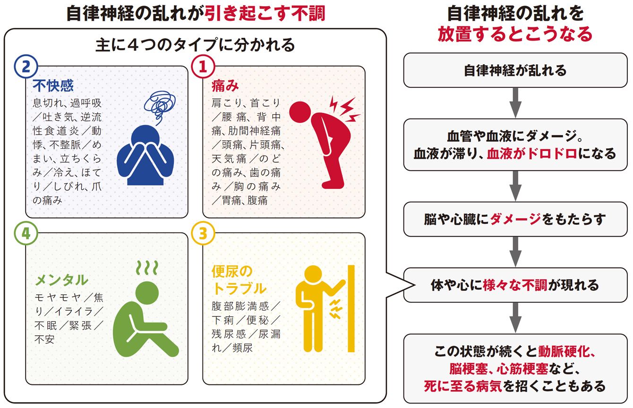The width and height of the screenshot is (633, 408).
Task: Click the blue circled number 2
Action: (26, 67)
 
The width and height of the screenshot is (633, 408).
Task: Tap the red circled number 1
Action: (203, 67)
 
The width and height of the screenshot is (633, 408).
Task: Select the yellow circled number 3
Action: (203, 233)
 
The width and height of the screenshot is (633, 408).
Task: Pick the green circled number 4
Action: (26, 233)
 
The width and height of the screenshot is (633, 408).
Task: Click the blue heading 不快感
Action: (53, 85)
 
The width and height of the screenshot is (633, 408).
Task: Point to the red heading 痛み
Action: (225, 85)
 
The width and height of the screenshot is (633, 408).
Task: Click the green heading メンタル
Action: (61, 280)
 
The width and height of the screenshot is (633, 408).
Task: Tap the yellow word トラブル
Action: (239, 288)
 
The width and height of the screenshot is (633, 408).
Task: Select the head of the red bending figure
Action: (300, 112)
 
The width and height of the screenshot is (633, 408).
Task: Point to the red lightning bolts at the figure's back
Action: (344, 109)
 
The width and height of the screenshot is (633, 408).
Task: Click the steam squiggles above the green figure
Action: (147, 268)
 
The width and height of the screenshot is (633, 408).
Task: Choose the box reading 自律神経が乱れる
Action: (515, 70)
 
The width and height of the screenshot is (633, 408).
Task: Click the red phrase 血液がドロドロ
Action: (532, 153)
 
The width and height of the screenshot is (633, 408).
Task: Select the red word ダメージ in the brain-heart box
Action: (516, 219)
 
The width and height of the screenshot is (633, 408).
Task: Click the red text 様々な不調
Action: (515, 285)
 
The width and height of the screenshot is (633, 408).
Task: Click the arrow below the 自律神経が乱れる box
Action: (515, 103)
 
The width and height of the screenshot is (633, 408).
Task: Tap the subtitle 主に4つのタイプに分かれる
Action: (195, 45)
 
